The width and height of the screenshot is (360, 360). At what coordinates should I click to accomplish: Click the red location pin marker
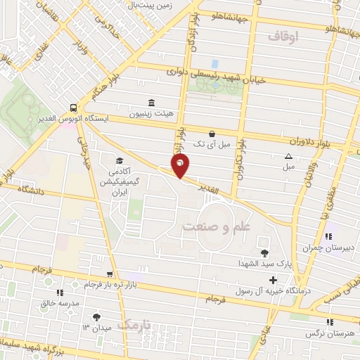tap(181, 166)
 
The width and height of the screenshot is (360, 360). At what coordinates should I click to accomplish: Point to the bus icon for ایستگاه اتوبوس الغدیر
tap(73, 108)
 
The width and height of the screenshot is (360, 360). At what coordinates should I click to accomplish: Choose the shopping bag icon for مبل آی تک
tap(212, 134)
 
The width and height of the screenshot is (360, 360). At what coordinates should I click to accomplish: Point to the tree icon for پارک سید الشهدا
tap(264, 252)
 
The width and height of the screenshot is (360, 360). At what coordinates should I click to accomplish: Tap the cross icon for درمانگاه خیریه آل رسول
tap(273, 280)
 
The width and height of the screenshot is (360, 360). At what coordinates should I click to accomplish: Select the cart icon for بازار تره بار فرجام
tap(109, 274)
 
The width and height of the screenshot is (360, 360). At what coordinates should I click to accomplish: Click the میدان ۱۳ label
tap(97, 328)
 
